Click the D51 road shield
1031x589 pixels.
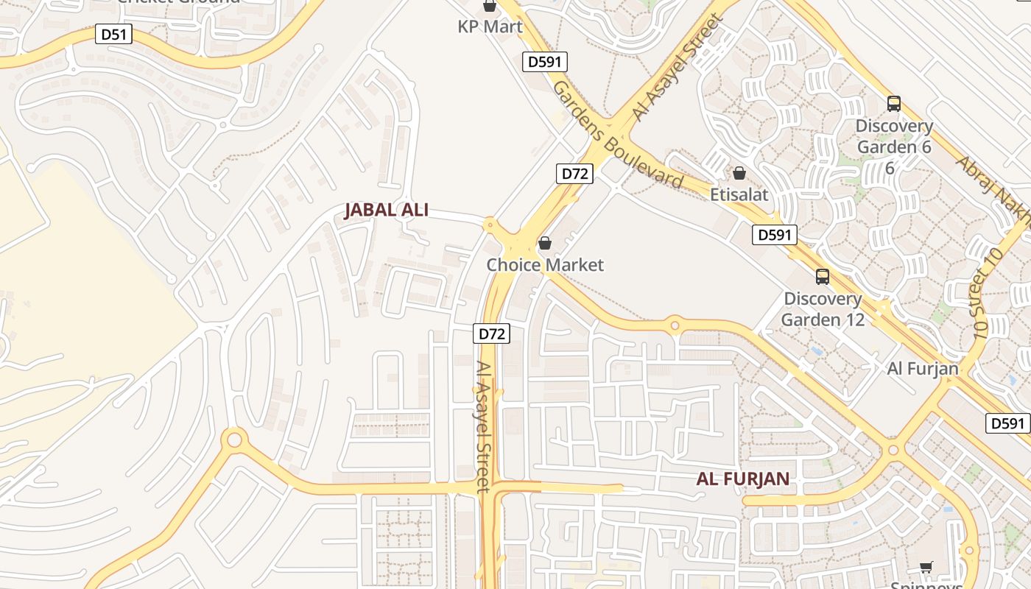coord(113,34)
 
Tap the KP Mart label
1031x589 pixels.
coord(490,27)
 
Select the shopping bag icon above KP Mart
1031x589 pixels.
coord(490,6)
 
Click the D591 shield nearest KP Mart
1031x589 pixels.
coord(545,62)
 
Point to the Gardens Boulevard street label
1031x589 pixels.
coord(616,135)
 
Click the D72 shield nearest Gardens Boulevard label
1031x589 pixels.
coord(574,174)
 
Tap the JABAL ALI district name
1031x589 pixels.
coord(386,211)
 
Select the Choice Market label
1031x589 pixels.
coord(545,265)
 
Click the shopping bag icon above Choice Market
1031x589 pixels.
coord(545,242)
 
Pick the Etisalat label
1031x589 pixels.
coord(739,195)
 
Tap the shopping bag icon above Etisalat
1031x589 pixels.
coord(739,173)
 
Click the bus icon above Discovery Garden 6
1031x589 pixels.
coord(894,104)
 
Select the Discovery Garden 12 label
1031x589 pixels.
coord(822,309)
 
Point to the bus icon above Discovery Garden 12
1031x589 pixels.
coord(822,277)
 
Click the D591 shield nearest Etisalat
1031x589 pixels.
coord(775,235)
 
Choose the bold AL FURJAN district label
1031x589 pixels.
coord(742,479)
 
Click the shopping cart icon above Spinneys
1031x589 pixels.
coord(926,567)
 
